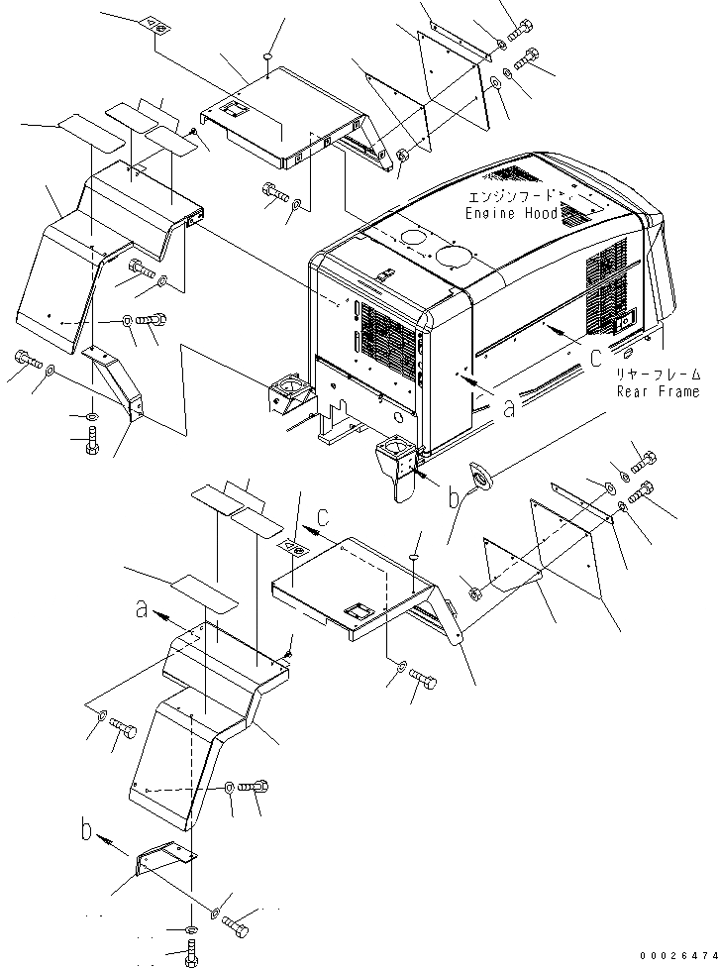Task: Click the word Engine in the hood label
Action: (491, 214)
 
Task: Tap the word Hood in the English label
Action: (541, 214)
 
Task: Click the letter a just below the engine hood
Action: (508, 407)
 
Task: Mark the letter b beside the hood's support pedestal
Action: (454, 498)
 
